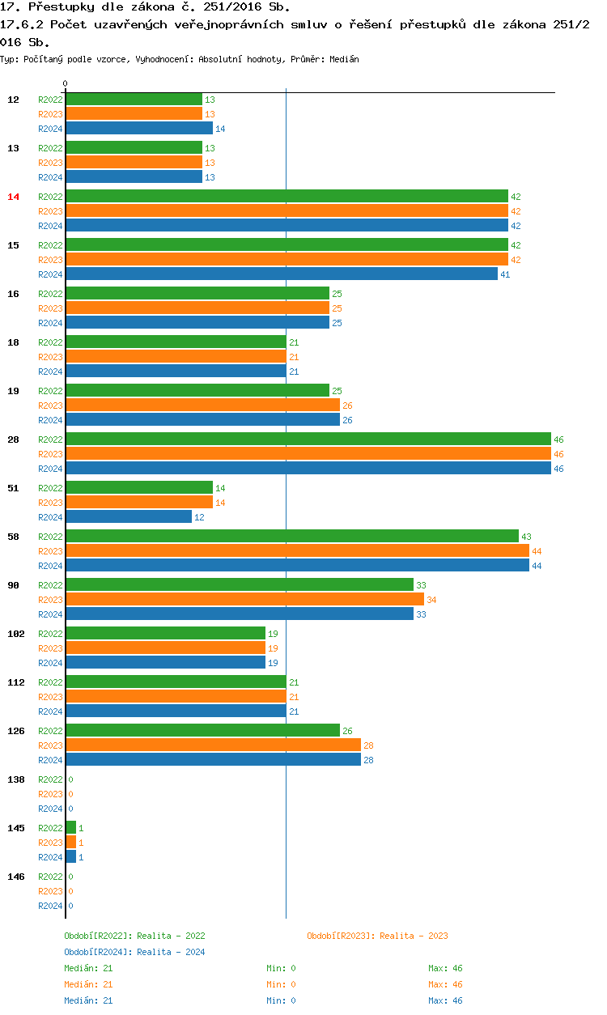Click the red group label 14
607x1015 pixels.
tap(13, 197)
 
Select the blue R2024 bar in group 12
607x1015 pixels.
tap(139, 129)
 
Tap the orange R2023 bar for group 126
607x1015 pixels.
tap(213, 745)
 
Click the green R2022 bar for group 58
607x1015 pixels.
tap(292, 537)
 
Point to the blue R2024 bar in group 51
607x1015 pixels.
tap(129, 517)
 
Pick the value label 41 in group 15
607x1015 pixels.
tap(505, 274)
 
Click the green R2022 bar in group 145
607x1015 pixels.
tap(71, 828)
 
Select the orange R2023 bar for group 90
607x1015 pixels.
tap(244, 600)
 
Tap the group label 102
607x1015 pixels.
tap(16, 634)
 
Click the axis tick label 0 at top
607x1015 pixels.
tap(66, 84)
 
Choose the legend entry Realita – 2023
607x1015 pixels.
tap(377, 936)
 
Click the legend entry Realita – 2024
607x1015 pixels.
tap(134, 952)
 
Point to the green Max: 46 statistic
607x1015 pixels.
tap(445, 968)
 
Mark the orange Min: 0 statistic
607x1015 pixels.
tap(281, 984)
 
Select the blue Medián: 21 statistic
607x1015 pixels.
tap(87, 1000)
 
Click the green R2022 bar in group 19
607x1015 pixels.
tap(197, 391)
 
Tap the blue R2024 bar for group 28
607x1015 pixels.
tap(308, 469)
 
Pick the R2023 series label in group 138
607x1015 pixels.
tap(50, 794)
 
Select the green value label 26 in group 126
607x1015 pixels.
tap(347, 731)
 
